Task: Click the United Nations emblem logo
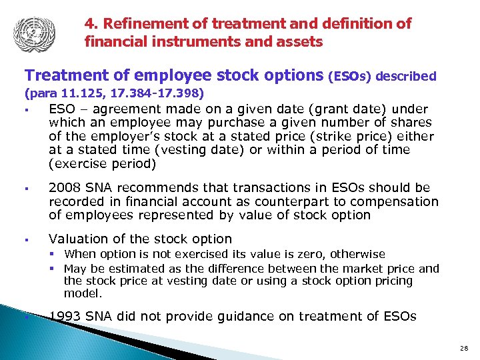33,31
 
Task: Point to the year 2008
64,188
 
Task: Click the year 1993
65,316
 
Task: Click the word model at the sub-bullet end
81,293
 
